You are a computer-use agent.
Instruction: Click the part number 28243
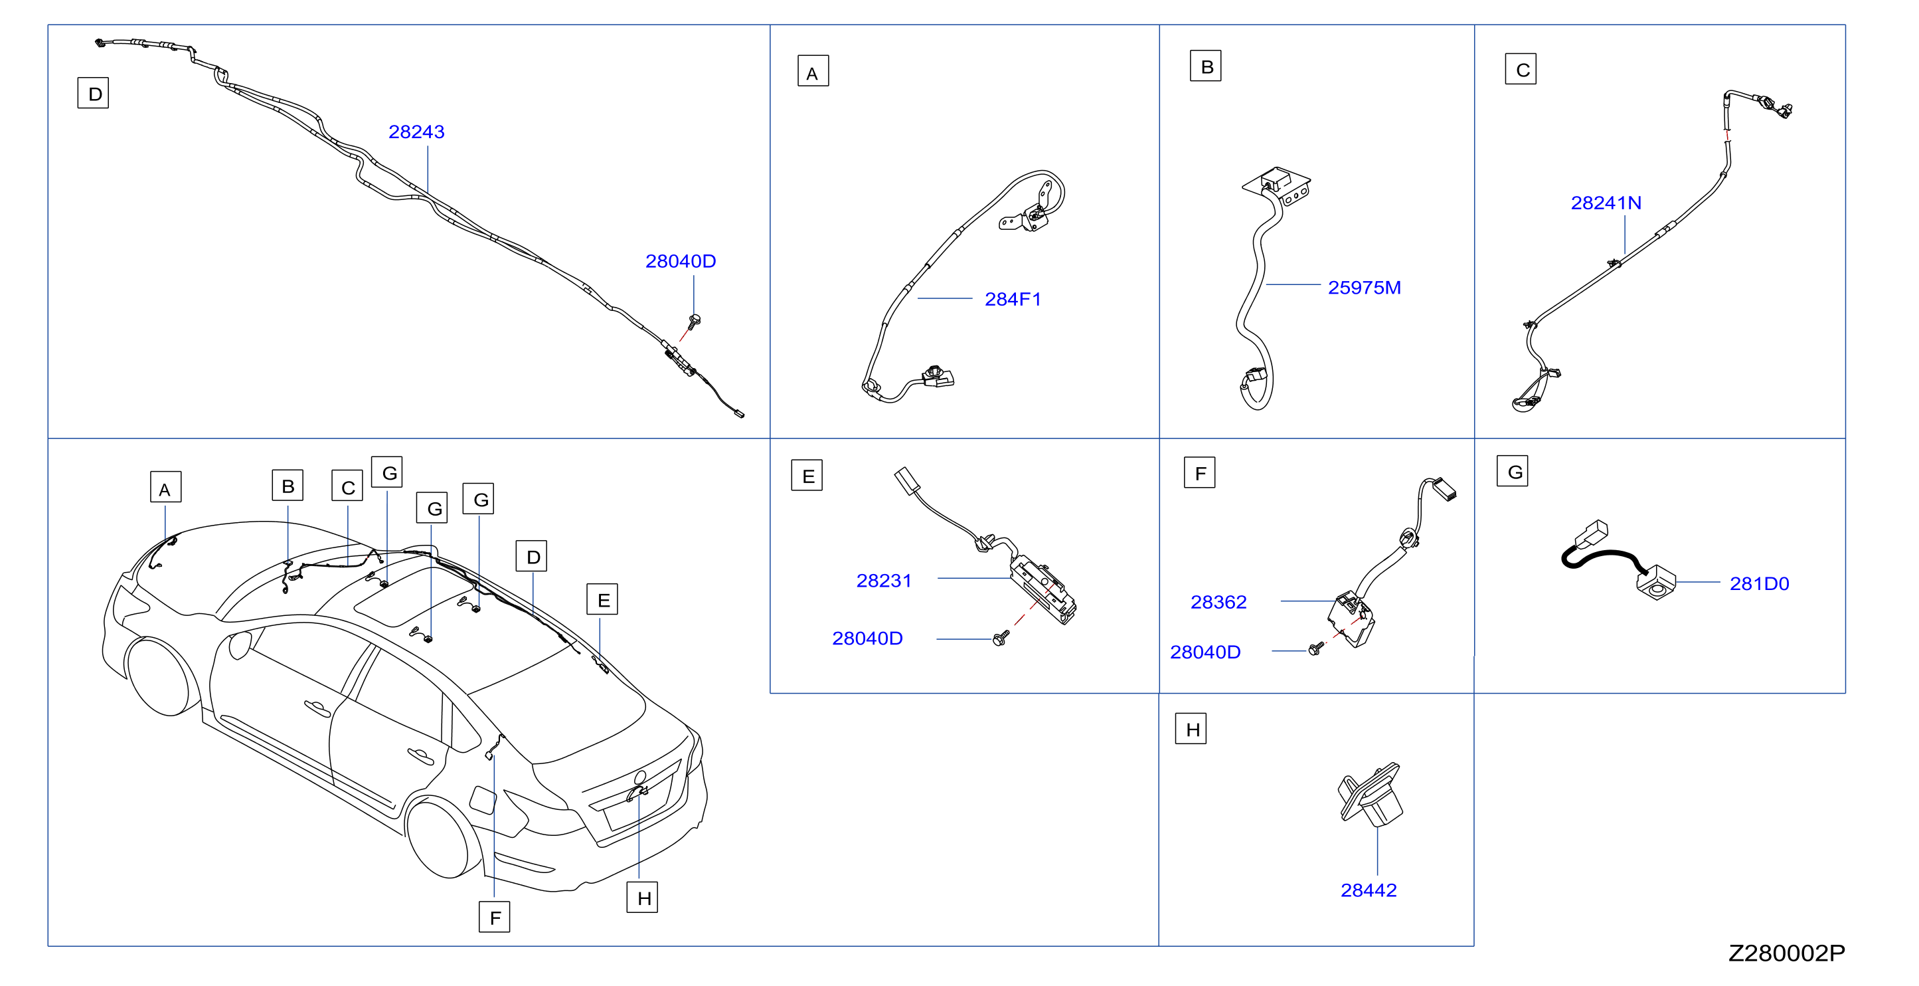click(416, 132)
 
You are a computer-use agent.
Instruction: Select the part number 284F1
click(1013, 299)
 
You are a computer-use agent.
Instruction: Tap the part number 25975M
click(1364, 288)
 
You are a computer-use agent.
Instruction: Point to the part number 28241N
click(1606, 203)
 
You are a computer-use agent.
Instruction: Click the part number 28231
click(884, 581)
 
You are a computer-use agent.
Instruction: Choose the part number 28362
click(1218, 602)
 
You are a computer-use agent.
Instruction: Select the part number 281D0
click(1759, 583)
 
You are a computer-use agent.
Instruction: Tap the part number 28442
click(1369, 890)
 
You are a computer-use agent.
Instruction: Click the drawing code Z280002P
click(1786, 953)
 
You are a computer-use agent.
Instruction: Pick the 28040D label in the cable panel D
click(680, 261)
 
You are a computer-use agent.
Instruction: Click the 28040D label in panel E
click(867, 638)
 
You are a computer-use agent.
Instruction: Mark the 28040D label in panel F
click(1205, 652)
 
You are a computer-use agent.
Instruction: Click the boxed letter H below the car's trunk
click(642, 898)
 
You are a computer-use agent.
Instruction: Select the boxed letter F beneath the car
click(495, 917)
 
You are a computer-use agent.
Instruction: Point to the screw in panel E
click(1001, 638)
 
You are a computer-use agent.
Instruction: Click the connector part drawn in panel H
click(1370, 795)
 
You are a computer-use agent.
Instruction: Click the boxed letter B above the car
click(288, 485)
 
